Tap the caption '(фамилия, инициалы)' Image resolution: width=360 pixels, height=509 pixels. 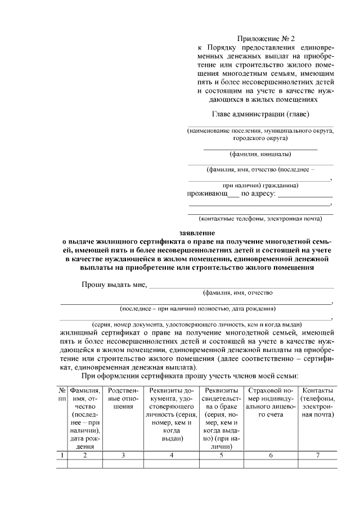pos(260,154)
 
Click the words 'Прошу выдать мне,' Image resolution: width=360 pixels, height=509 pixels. pos(114,284)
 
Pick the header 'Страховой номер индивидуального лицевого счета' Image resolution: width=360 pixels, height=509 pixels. pos(271,402)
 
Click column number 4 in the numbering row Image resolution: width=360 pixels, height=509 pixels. pos(171,455)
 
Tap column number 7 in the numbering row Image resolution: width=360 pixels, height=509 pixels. pos(318,455)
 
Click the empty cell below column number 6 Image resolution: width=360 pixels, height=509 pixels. pos(271,464)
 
